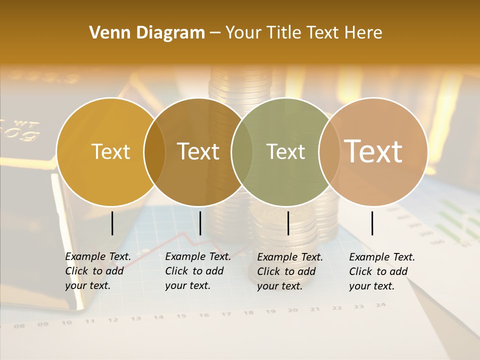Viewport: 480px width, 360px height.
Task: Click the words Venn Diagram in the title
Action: coord(147,33)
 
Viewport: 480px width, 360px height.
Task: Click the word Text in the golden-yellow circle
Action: coord(110,151)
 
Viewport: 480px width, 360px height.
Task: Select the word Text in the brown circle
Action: coord(198,151)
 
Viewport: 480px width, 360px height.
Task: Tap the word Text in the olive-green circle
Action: coord(285,151)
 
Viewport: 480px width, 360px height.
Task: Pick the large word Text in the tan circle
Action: coord(373,151)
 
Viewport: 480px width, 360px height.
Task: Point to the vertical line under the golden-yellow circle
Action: coord(112,223)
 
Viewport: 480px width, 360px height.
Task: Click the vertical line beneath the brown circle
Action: coord(200,223)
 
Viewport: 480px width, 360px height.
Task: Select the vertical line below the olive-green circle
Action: coord(288,223)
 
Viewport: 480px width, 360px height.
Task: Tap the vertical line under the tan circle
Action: coord(372,223)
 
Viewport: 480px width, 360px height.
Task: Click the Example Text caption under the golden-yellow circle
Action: coord(97,271)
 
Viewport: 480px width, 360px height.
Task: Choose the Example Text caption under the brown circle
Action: coord(197,271)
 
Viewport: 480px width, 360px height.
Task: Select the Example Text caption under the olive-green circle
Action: coord(289,271)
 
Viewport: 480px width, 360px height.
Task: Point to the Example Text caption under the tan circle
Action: coord(381,271)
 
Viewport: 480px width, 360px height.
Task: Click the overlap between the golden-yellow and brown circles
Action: coord(154,152)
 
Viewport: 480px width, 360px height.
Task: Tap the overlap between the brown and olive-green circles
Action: coord(242,152)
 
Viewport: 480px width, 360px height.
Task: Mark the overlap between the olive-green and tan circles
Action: coord(329,152)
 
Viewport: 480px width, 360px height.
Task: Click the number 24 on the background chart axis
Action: coord(380,305)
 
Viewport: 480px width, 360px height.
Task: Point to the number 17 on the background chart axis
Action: coord(226,314)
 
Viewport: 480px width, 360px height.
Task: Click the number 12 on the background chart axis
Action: coord(112,320)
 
